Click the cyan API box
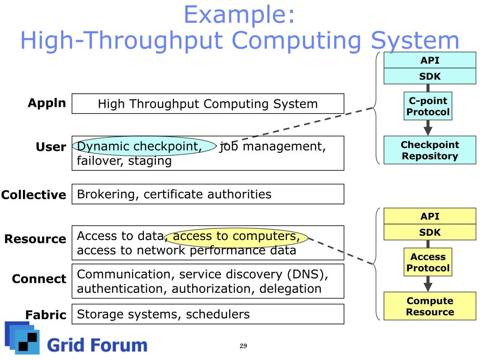pos(430,60)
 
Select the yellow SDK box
pos(430,232)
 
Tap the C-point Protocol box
pos(428,106)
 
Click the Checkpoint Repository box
pos(430,150)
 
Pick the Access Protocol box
pos(428,262)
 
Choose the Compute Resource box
pos(430,306)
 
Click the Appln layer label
pos(47,104)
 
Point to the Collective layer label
pos(34,195)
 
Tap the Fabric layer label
pos(46,315)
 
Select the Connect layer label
pos(39,278)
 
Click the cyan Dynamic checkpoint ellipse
pos(144,146)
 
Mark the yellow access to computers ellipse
pos(236,238)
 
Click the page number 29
pos(243,346)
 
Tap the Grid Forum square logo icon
pos(22,338)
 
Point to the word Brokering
pos(106,195)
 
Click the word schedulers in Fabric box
pos(217,315)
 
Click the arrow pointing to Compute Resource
pos(428,284)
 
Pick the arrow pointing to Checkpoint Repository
pos(428,127)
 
